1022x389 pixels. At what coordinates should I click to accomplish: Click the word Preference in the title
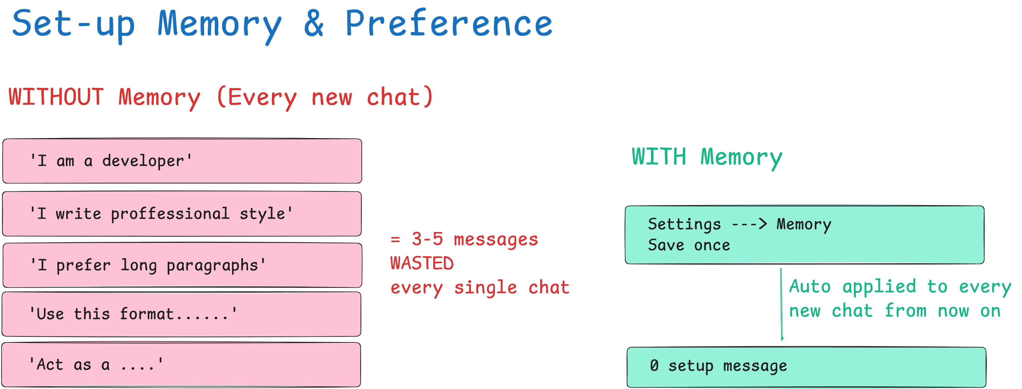tap(449, 23)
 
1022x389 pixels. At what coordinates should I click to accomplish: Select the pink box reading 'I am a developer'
tap(182, 161)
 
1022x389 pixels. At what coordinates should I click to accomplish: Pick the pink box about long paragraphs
tap(182, 265)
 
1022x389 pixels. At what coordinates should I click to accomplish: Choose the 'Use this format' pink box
tap(181, 314)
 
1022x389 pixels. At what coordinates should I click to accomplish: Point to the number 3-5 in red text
tap(427, 239)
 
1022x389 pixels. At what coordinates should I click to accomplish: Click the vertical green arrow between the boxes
tap(781, 304)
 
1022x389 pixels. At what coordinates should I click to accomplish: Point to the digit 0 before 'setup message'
tap(654, 365)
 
